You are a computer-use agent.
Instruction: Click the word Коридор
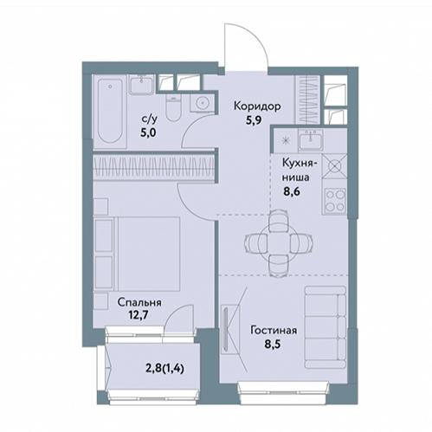click(x=257, y=106)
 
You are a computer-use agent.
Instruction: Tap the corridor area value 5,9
click(x=254, y=119)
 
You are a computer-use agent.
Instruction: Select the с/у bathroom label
click(x=150, y=119)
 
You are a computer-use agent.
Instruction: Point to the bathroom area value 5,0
click(x=148, y=132)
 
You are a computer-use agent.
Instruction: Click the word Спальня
click(x=139, y=302)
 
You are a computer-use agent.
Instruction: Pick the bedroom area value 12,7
click(x=139, y=315)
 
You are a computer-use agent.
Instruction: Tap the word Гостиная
click(x=274, y=330)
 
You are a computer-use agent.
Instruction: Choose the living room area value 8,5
click(x=273, y=344)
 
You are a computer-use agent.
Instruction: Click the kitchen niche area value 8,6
click(x=292, y=191)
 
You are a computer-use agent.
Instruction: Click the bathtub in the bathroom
click(x=110, y=111)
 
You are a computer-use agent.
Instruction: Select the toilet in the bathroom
click(x=173, y=109)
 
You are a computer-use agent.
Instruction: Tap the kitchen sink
click(x=311, y=140)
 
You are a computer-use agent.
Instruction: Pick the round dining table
click(x=279, y=243)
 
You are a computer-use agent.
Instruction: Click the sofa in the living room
click(x=326, y=327)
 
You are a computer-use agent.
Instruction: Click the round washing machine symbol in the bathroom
click(x=202, y=103)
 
